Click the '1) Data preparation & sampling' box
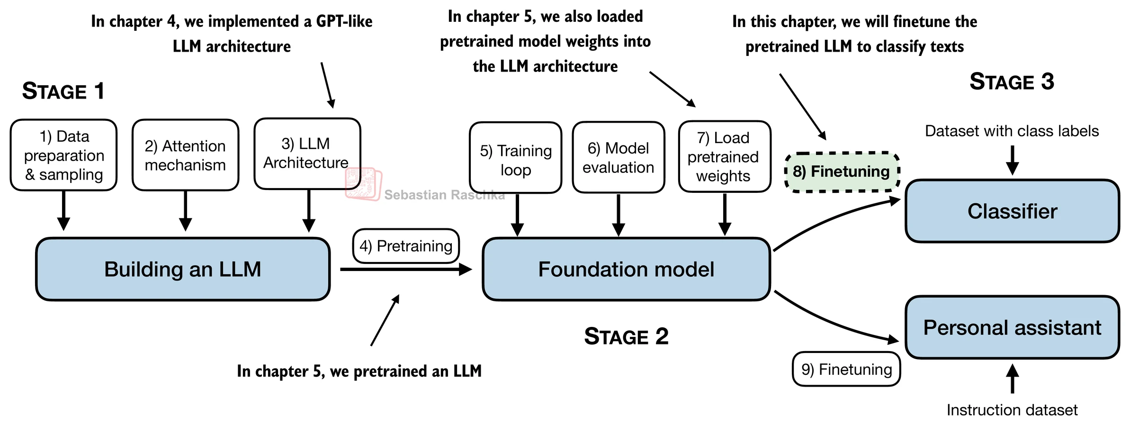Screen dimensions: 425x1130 (63, 155)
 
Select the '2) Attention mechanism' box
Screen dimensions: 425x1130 (185, 155)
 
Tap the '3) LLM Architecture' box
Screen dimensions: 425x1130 (307, 154)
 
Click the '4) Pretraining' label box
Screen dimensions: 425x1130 (406, 246)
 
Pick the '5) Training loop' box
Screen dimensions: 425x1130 (515, 158)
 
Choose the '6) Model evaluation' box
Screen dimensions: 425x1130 (618, 157)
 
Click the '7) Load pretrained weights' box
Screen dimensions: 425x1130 (724, 156)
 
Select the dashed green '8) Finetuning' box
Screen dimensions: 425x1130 (842, 172)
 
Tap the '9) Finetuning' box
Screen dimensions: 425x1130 (846, 369)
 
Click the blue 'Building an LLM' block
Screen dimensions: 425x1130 (183, 269)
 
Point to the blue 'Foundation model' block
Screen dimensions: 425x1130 (626, 269)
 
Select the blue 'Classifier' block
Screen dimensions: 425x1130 (1012, 211)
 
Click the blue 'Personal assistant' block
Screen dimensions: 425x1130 (1012, 327)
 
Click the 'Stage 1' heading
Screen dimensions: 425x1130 (63, 91)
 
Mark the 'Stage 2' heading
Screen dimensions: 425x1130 (626, 336)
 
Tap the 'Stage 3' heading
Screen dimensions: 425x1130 (1012, 81)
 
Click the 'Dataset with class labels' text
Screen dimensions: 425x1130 (1012, 131)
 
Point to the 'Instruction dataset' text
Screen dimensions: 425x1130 (1012, 410)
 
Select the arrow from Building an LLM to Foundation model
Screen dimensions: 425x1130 (405, 270)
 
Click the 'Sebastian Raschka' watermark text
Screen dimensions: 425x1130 (444, 195)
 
